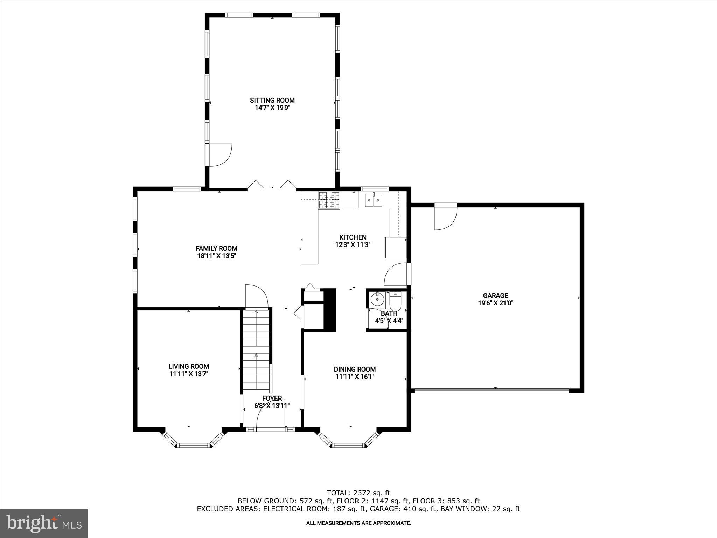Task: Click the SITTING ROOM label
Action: point(272,100)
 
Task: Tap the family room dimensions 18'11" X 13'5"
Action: point(216,256)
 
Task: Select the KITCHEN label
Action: point(353,237)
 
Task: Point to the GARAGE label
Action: point(495,295)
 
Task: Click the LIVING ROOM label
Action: point(189,366)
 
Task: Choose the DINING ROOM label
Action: point(355,369)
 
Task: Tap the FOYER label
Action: point(272,398)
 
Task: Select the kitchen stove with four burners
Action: point(329,200)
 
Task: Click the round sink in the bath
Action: point(377,300)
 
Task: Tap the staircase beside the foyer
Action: point(257,350)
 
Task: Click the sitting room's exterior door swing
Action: point(220,154)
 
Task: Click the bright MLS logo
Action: point(44,524)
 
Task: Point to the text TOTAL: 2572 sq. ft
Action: point(358,493)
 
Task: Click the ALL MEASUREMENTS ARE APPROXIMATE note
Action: point(358,523)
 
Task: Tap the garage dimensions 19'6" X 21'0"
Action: point(495,303)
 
